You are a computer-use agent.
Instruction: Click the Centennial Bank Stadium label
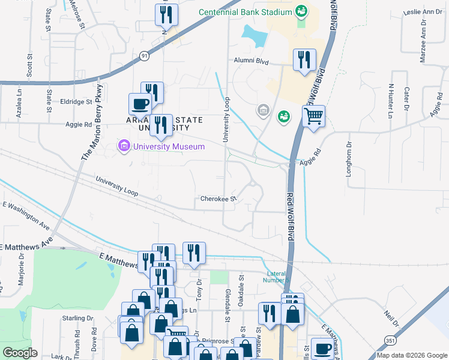coord(245,11)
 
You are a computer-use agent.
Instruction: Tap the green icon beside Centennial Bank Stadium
coord(301,11)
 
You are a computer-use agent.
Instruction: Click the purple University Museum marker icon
coord(124,146)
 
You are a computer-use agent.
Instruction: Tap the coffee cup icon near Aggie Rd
coord(140,104)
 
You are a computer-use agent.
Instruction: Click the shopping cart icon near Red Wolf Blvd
coord(313,116)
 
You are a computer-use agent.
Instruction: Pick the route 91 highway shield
coord(144,55)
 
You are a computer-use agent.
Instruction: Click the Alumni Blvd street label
coord(254,61)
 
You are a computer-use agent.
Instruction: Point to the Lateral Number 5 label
coord(279,277)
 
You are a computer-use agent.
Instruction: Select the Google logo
coord(20,352)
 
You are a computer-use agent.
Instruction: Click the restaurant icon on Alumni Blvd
coord(304,59)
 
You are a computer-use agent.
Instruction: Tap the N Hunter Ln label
coord(390,100)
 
